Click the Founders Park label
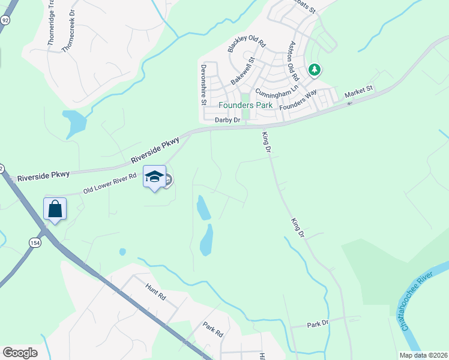[x=245, y=105]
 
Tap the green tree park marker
[x=314, y=70]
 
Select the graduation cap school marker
[x=154, y=176]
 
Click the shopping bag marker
[x=55, y=209]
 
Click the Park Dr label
[x=318, y=324]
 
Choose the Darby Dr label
[x=228, y=120]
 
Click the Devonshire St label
[x=204, y=85]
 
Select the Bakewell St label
[x=243, y=70]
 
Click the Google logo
[x=20, y=353]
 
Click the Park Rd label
[x=212, y=330]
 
